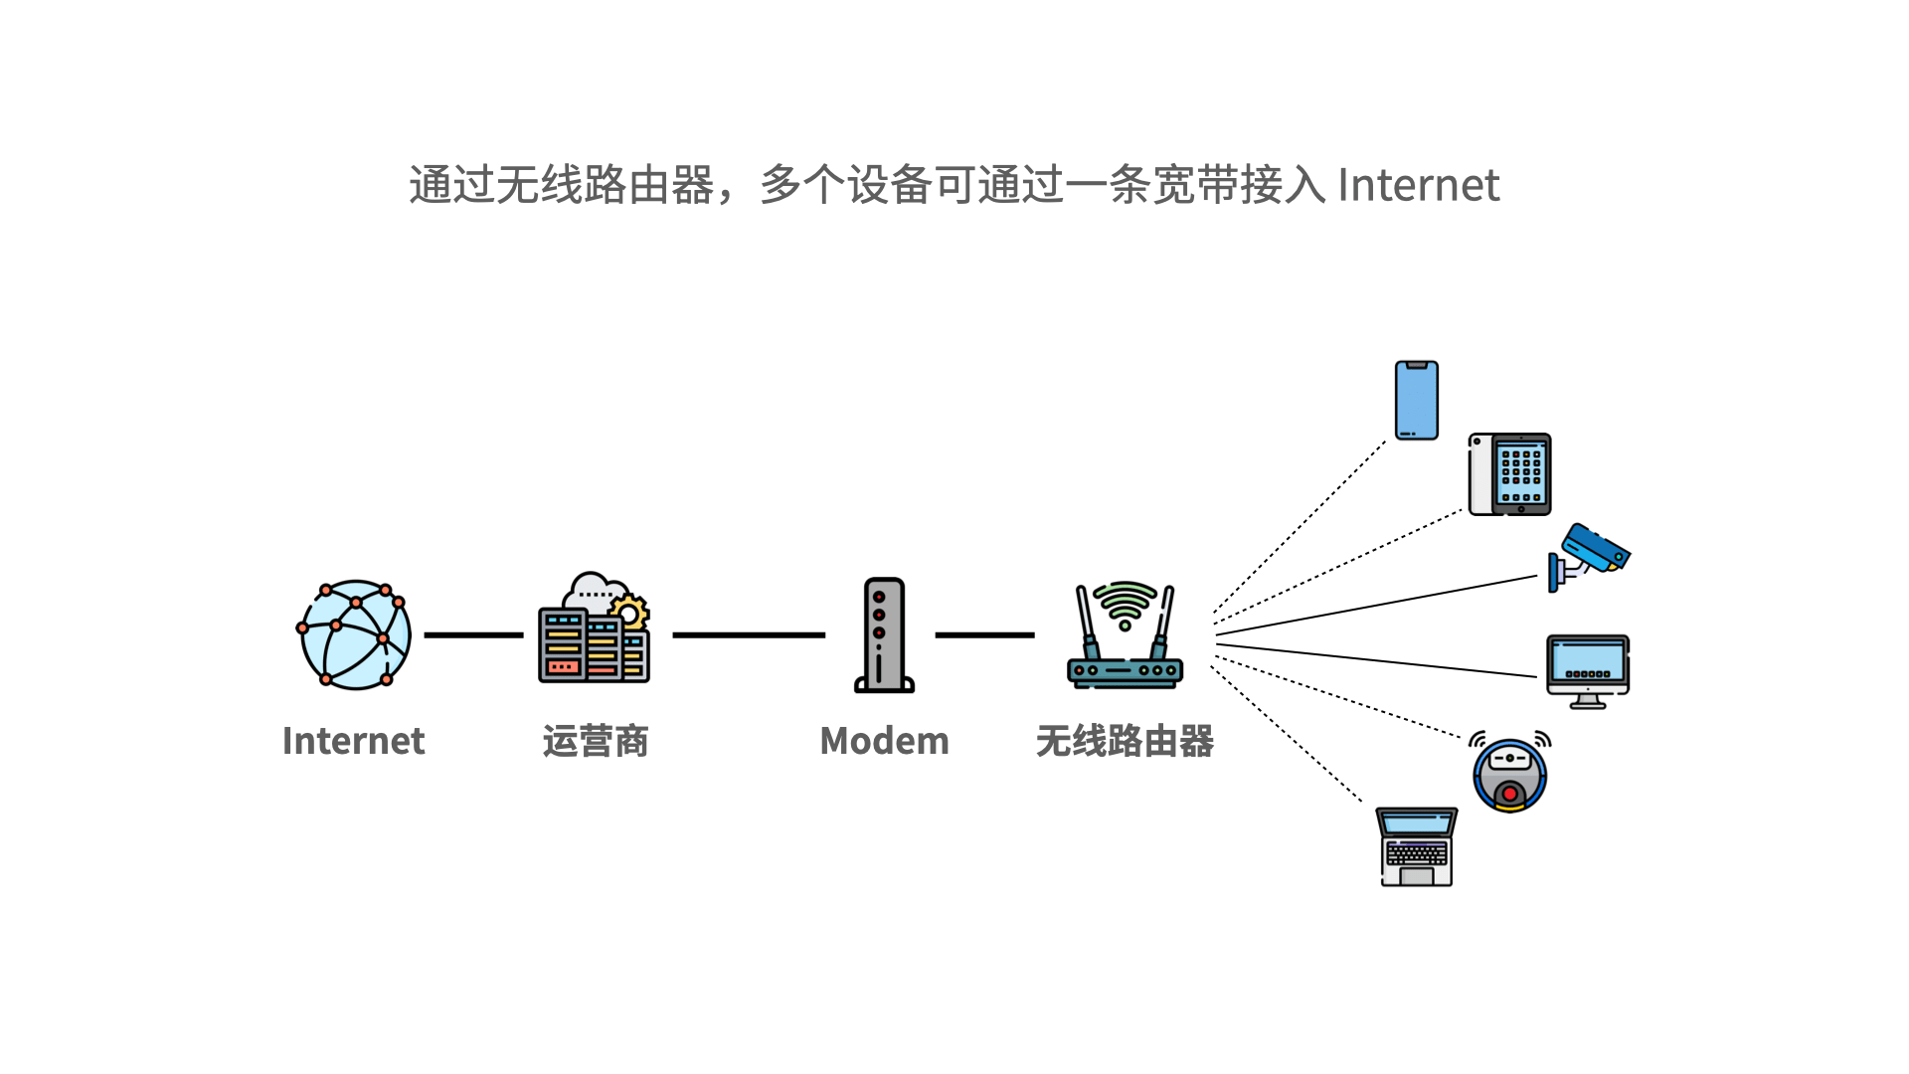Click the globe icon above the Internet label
pos(355,634)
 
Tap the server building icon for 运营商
pos(594,627)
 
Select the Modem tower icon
pos(884,634)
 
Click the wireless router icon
pos(1125,634)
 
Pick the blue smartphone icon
pos(1417,400)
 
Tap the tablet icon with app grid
pos(1510,474)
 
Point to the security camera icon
pos(1588,557)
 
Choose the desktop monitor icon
pos(1588,671)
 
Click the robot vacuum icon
pos(1510,773)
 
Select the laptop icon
pos(1417,846)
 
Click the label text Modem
pos(884,741)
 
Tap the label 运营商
pos(596,741)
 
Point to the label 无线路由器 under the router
pos(1125,741)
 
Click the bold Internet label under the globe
pos(353,741)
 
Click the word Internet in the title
pos(1419,185)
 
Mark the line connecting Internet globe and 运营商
pos(473,634)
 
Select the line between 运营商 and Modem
pos(749,634)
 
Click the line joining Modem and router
pos(984,634)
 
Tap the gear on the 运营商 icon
pos(629,612)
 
